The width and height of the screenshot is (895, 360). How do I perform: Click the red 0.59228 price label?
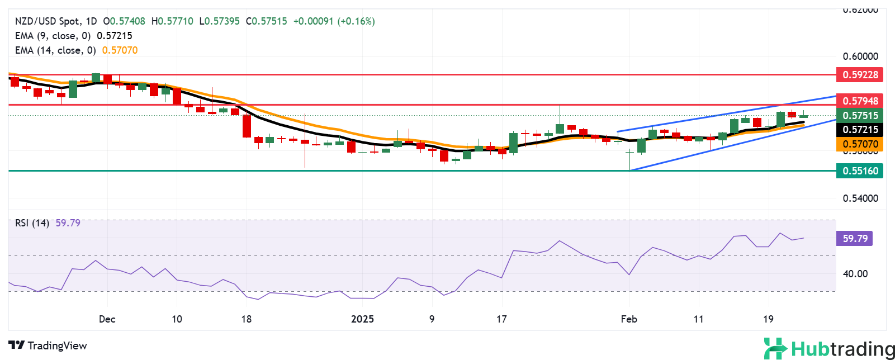click(x=860, y=74)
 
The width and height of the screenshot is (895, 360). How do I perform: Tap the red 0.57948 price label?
click(x=860, y=101)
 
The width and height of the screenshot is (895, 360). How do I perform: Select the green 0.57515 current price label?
click(x=860, y=116)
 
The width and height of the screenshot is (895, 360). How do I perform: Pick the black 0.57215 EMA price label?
click(x=860, y=130)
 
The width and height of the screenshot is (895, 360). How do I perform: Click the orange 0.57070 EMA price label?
click(x=860, y=144)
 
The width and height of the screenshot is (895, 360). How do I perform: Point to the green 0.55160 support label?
click(x=860, y=171)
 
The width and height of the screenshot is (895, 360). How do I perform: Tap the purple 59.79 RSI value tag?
click(x=855, y=239)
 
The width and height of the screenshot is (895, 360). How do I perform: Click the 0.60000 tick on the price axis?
click(x=860, y=56)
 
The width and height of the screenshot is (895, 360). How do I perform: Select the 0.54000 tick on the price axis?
click(x=860, y=198)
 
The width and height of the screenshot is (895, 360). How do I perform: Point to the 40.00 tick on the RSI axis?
click(x=855, y=274)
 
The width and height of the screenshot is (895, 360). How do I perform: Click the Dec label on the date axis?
click(x=107, y=319)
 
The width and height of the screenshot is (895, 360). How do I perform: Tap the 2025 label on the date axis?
click(x=362, y=319)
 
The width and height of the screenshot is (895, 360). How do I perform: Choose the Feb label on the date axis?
click(x=629, y=319)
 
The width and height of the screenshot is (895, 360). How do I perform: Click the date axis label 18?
click(x=246, y=319)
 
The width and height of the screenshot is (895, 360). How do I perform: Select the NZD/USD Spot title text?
click(x=47, y=21)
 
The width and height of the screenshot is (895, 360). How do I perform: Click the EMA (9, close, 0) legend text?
click(x=53, y=36)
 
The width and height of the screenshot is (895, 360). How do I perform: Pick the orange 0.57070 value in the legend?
click(x=120, y=50)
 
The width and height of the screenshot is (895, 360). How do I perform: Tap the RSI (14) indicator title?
click(x=32, y=223)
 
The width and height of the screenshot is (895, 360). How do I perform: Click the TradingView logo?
click(x=48, y=345)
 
